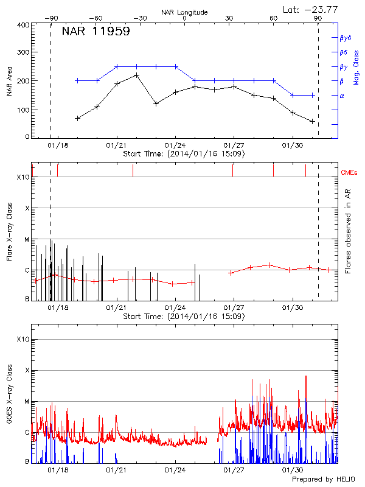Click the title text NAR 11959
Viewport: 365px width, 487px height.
(96, 32)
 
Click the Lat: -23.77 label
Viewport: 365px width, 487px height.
(310, 9)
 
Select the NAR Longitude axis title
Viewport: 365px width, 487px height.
(184, 12)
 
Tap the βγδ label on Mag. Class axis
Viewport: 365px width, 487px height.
(345, 38)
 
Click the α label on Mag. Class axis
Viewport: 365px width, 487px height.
(341, 96)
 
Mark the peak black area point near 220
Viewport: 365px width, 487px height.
(137, 75)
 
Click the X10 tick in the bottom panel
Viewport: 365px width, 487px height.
(23, 339)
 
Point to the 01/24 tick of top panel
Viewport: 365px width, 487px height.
(175, 145)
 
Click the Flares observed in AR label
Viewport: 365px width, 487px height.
(347, 231)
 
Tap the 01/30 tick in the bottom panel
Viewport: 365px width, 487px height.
(293, 470)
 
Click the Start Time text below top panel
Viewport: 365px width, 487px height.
(184, 154)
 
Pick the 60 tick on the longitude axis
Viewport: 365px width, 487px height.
(274, 18)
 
